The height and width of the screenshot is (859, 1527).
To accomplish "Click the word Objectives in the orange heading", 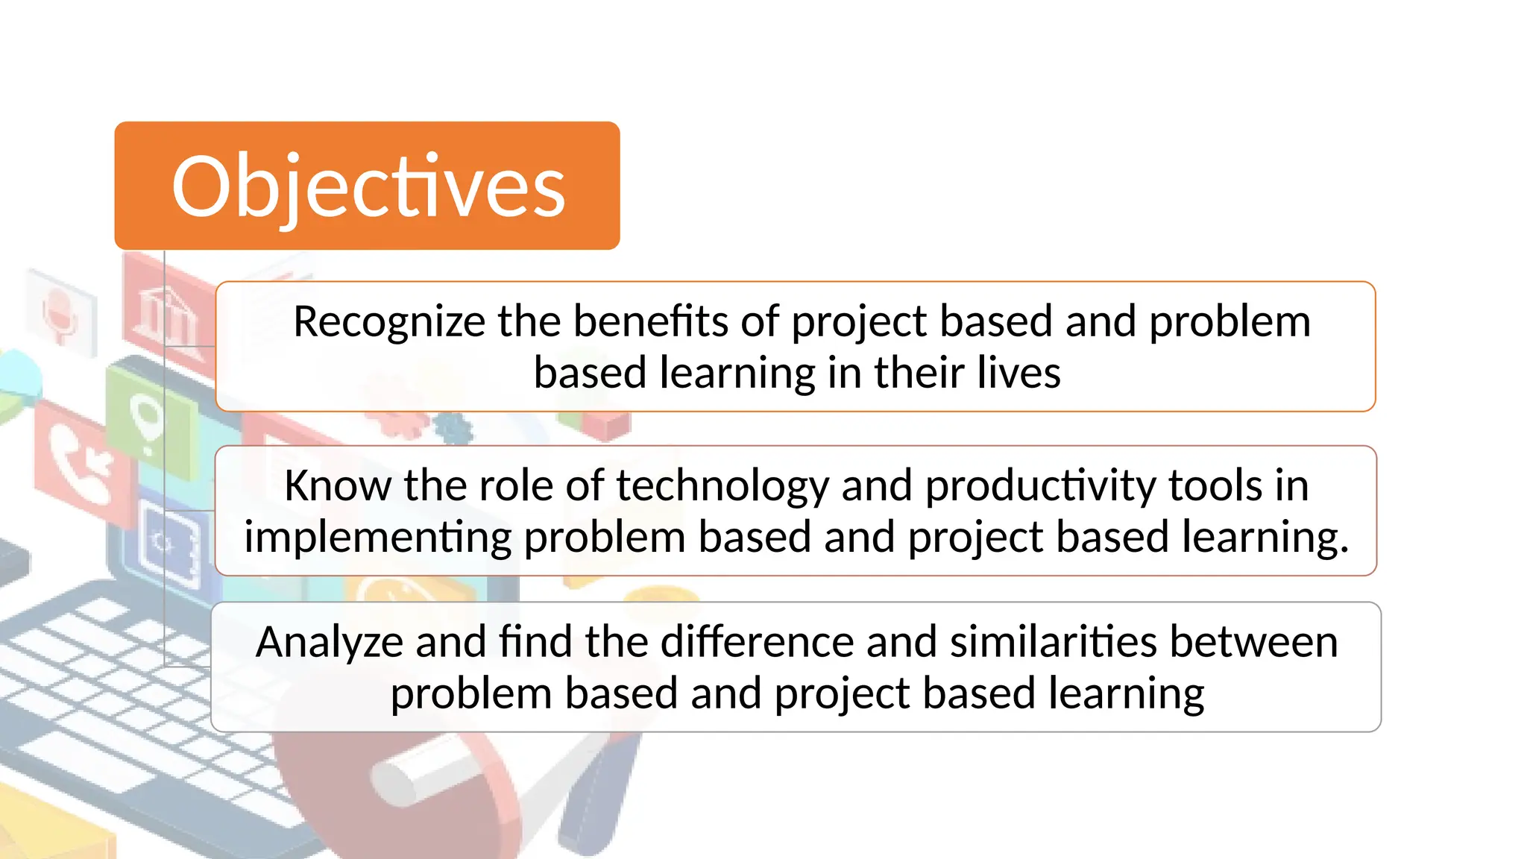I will pyautogui.click(x=368, y=186).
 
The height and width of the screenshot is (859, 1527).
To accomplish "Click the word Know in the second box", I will pyautogui.click(x=337, y=486).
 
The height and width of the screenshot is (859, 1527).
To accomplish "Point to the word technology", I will pyautogui.click(x=722, y=486).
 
